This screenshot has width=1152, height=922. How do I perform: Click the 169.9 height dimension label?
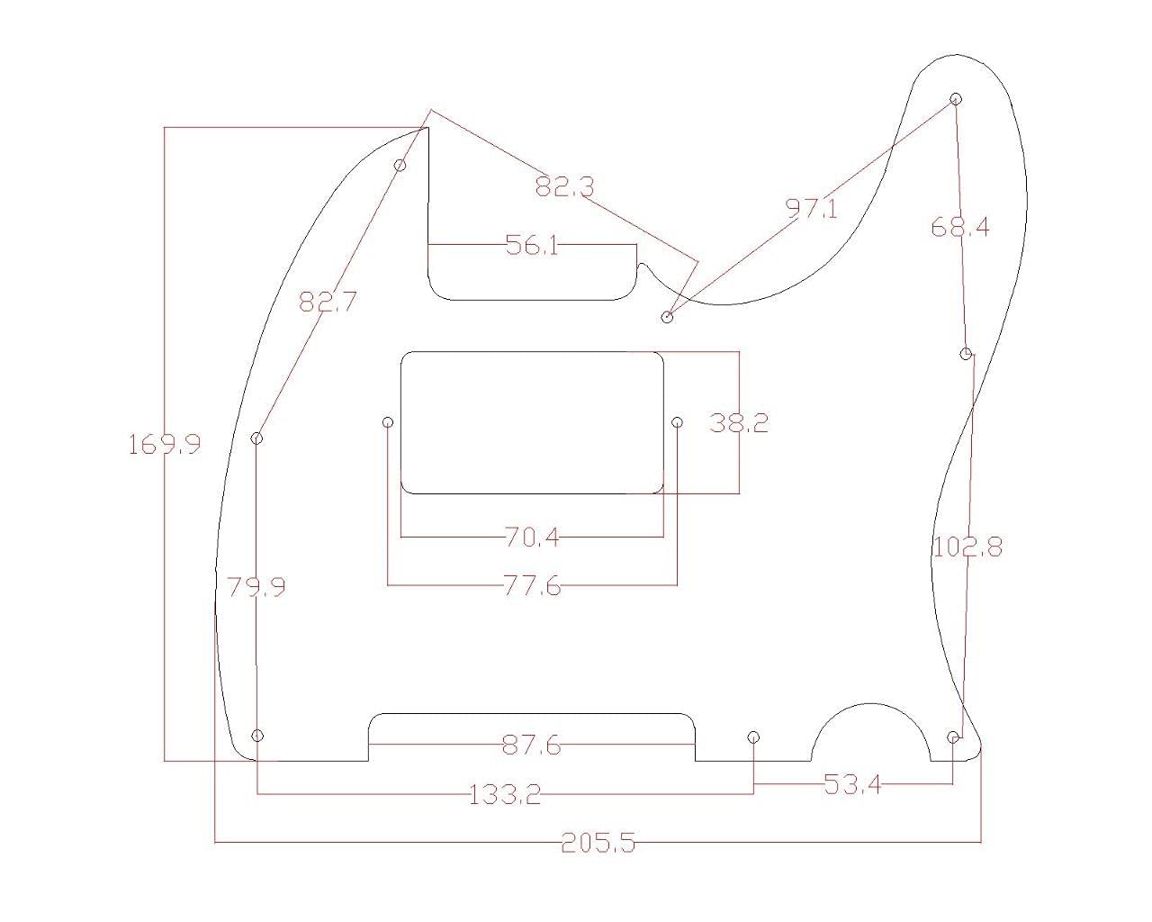[165, 444]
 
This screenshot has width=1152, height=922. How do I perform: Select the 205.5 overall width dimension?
[598, 843]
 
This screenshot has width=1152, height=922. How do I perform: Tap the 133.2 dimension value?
[505, 794]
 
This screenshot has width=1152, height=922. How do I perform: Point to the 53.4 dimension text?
[852, 784]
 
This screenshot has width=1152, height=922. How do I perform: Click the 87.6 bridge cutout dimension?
[531, 746]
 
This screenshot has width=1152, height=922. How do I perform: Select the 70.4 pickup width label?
[531, 538]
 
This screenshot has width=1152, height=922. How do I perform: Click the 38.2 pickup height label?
[739, 422]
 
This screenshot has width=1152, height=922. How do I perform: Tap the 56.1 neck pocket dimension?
[531, 245]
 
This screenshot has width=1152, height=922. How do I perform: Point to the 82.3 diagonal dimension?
[564, 187]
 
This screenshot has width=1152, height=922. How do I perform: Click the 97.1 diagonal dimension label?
[811, 209]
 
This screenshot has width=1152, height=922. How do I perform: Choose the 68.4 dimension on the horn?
[959, 227]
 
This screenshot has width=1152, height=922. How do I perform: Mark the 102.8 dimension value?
[967, 547]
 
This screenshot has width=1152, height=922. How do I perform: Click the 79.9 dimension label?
[256, 587]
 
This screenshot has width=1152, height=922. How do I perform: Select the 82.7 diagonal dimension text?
[328, 302]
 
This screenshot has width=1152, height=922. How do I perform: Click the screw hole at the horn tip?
[956, 98]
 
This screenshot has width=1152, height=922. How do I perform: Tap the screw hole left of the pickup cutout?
[388, 422]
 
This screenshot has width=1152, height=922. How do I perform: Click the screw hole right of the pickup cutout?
[678, 422]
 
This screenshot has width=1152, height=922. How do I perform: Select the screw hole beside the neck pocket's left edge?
[401, 165]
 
